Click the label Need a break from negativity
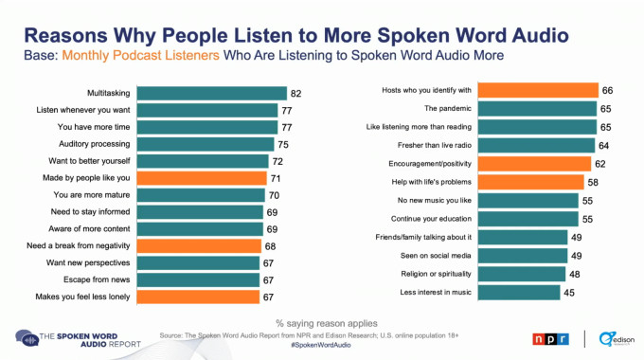tap(86, 245)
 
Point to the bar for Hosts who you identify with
tap(537, 91)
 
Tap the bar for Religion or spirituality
tap(522, 275)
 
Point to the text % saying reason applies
tap(322, 323)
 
